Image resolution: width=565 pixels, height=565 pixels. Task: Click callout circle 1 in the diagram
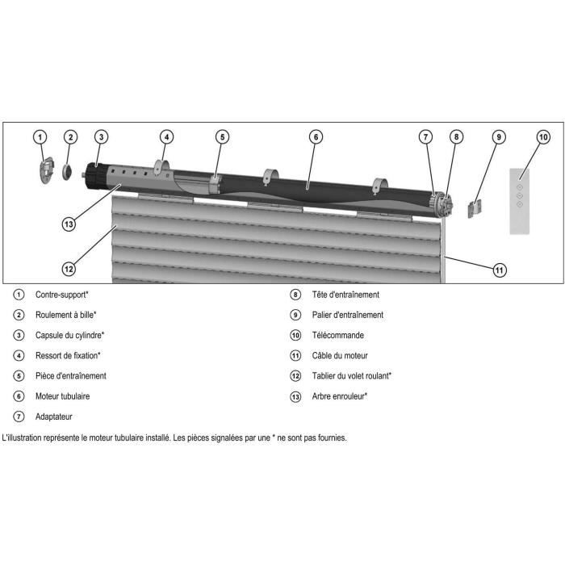point(41,137)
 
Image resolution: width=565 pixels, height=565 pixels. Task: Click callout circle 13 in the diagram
point(69,223)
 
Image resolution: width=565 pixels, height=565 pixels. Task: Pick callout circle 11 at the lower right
point(500,270)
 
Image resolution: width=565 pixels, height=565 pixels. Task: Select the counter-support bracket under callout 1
point(46,170)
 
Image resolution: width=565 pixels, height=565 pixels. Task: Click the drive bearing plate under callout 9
point(475,208)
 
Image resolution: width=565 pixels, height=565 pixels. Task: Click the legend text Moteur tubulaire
point(62,396)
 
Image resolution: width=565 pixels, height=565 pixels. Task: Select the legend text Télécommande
point(337,335)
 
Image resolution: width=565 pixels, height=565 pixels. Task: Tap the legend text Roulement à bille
point(66,315)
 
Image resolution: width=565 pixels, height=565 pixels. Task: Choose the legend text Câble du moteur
point(340,355)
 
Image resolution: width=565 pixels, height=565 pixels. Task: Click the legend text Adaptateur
point(54,416)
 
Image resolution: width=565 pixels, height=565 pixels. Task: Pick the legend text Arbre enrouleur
point(340,396)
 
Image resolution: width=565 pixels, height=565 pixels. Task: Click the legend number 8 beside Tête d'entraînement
point(295,295)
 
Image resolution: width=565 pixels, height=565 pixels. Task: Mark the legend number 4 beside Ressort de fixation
point(19,355)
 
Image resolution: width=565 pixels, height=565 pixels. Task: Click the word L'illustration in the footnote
point(25,438)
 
